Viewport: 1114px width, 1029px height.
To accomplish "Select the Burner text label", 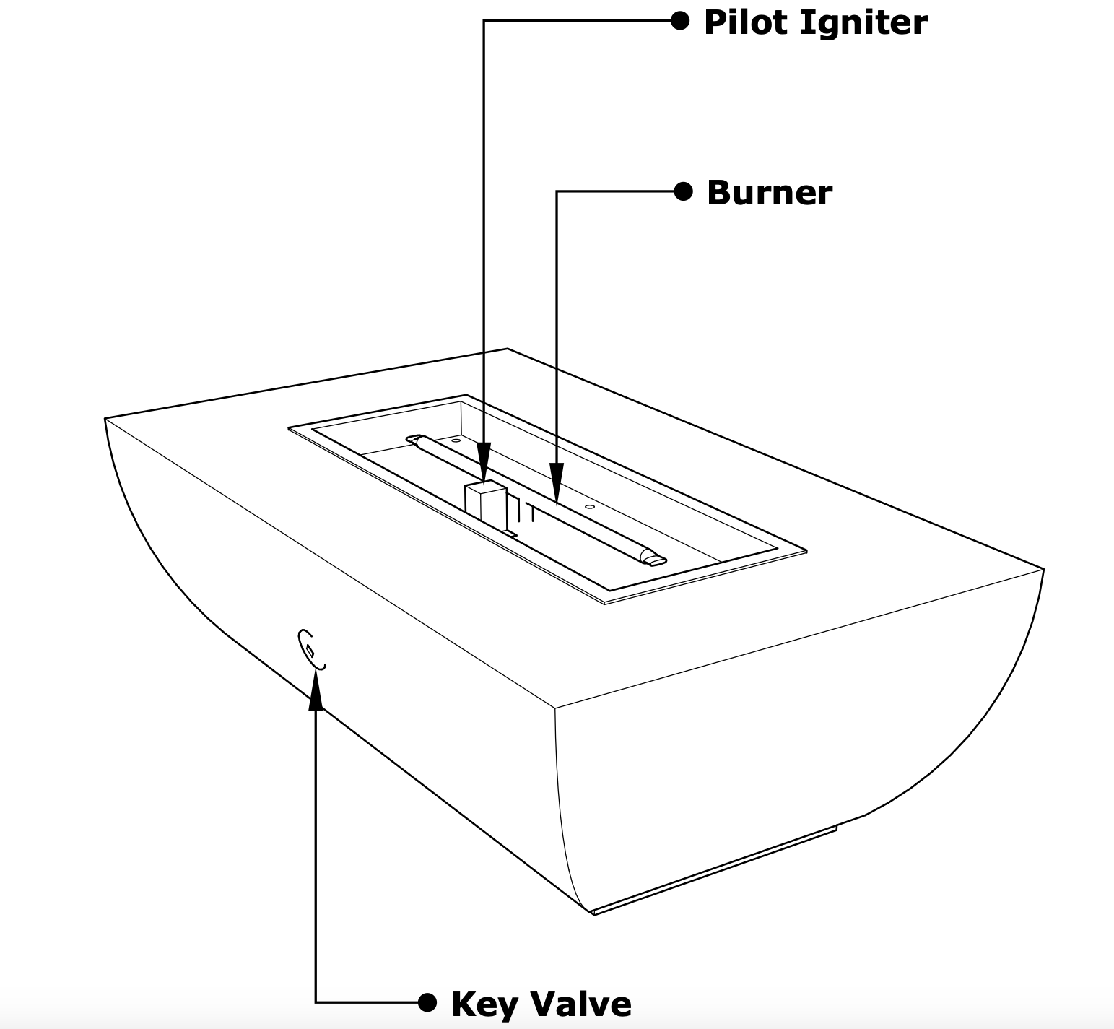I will pos(769,193).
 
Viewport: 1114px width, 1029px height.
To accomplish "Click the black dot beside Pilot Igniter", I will pos(680,20).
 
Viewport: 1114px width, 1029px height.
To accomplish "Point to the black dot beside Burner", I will pos(683,191).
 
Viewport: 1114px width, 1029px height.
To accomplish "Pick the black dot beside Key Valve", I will pos(427,1002).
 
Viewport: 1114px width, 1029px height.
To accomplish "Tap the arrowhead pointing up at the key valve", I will pos(316,693).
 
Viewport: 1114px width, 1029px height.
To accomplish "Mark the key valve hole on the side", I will pos(310,649).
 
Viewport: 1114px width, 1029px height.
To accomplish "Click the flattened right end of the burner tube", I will pos(656,560).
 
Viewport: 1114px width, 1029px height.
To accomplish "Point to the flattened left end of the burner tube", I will pos(413,438).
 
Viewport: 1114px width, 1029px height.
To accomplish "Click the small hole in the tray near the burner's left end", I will pos(456,440).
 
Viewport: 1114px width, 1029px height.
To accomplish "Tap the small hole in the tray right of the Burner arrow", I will pos(590,507).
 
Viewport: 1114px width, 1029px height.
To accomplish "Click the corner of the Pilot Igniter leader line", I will pos(484,21).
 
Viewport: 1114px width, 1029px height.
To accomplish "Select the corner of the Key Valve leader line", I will pos(316,1002).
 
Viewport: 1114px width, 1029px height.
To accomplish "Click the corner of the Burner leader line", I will pos(557,191).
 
